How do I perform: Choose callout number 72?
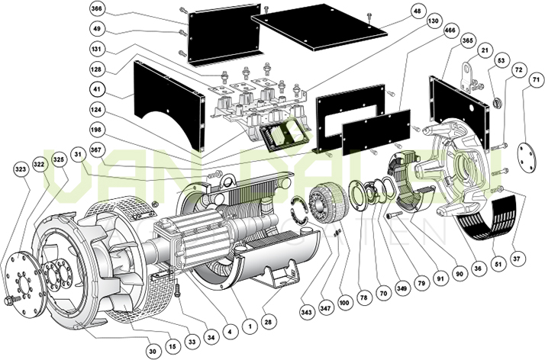coord(519,69)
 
